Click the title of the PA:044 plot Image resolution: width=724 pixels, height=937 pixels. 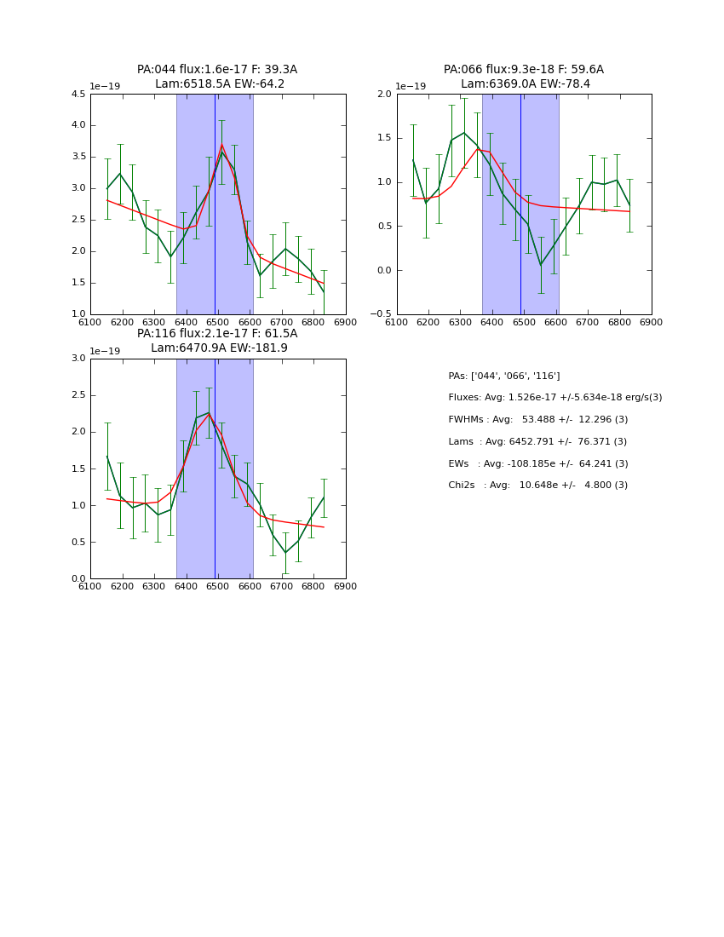click(217, 77)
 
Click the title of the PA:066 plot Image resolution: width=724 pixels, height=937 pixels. click(524, 77)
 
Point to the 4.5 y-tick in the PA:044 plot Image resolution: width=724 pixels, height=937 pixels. click(77, 95)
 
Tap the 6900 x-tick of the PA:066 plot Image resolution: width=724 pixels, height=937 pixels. click(652, 322)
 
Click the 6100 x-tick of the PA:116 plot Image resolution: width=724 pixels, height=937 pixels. click(90, 586)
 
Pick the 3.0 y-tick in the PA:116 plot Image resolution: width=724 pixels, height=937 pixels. click(78, 359)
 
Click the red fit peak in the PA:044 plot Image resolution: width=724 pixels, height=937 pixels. click(221, 144)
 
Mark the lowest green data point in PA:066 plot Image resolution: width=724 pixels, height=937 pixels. click(540, 264)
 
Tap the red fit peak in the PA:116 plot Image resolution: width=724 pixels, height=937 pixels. click(209, 413)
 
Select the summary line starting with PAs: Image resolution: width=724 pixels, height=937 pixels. click(504, 376)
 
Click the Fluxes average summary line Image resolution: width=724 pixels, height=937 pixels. click(554, 398)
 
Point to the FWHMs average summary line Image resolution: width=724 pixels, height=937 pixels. click(537, 419)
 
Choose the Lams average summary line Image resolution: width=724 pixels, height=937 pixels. click(537, 441)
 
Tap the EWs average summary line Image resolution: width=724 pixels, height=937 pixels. click(537, 463)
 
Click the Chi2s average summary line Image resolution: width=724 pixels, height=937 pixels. click(537, 485)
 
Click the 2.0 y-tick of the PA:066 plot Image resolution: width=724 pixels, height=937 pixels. click(384, 95)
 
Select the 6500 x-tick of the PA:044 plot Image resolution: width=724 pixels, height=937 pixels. click(217, 322)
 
